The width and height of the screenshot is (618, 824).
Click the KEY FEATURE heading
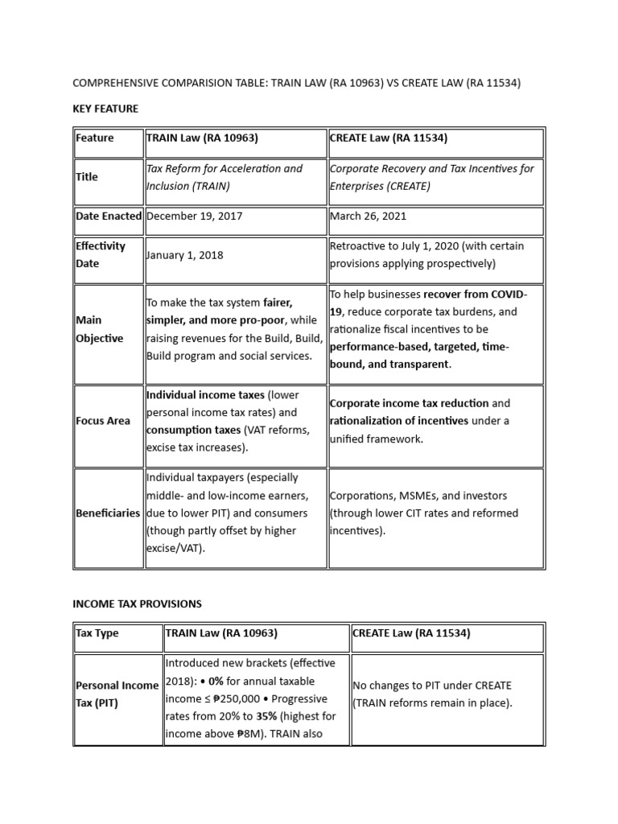[x=105, y=109]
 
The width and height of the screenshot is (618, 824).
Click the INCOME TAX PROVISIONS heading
[x=137, y=604]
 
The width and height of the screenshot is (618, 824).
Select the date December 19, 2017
[x=194, y=216]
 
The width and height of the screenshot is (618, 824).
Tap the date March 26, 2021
[x=368, y=216]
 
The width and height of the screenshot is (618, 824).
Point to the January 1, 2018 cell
[x=184, y=255]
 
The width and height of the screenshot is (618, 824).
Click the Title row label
[x=86, y=177]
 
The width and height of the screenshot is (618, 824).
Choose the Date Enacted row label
[x=109, y=216]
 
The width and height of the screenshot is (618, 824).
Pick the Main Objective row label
[x=99, y=329]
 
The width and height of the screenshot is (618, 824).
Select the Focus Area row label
[x=103, y=421]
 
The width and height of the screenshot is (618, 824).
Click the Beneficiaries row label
[x=108, y=513]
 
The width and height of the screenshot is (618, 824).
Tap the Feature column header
[x=95, y=138]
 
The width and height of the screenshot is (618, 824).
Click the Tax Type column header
[x=97, y=633]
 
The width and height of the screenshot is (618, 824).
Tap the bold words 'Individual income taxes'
[x=205, y=395]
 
